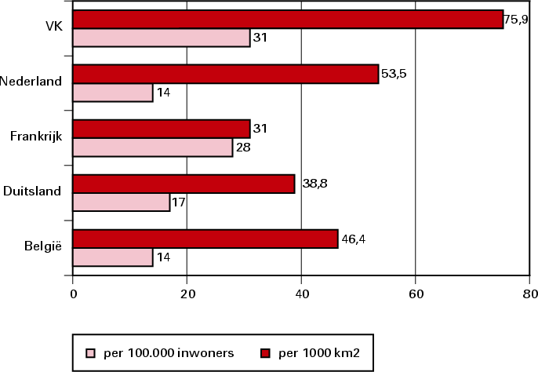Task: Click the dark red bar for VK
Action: pyautogui.click(x=288, y=19)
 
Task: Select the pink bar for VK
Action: pyautogui.click(x=162, y=37)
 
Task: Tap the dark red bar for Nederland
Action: pyautogui.click(x=226, y=74)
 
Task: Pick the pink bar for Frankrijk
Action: pyautogui.click(x=153, y=147)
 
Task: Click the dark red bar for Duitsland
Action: pyautogui.click(x=184, y=184)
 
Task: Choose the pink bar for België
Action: pyautogui.click(x=113, y=257)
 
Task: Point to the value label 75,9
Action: pyautogui.click(x=518, y=19)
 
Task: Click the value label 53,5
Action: pyautogui.click(x=394, y=74)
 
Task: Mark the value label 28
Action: pyautogui.click(x=243, y=148)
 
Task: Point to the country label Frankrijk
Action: pyautogui.click(x=36, y=137)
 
